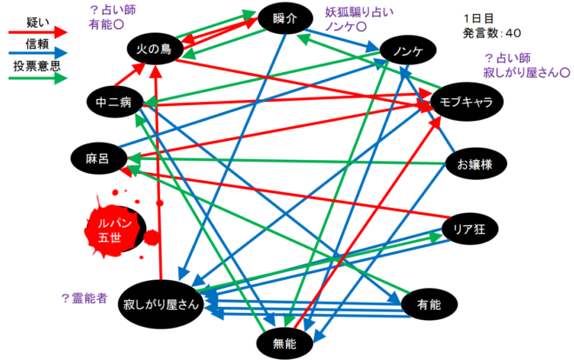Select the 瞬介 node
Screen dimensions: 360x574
coord(286,17)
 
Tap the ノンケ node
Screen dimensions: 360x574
coord(408,50)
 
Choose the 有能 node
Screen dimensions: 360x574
coord(428,304)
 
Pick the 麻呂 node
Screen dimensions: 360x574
coord(97,158)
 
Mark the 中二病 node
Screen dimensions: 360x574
coord(114,102)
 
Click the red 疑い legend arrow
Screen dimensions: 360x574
coord(35,31)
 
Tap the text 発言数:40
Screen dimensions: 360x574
coord(492,33)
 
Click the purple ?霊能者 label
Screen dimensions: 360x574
coord(83,298)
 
